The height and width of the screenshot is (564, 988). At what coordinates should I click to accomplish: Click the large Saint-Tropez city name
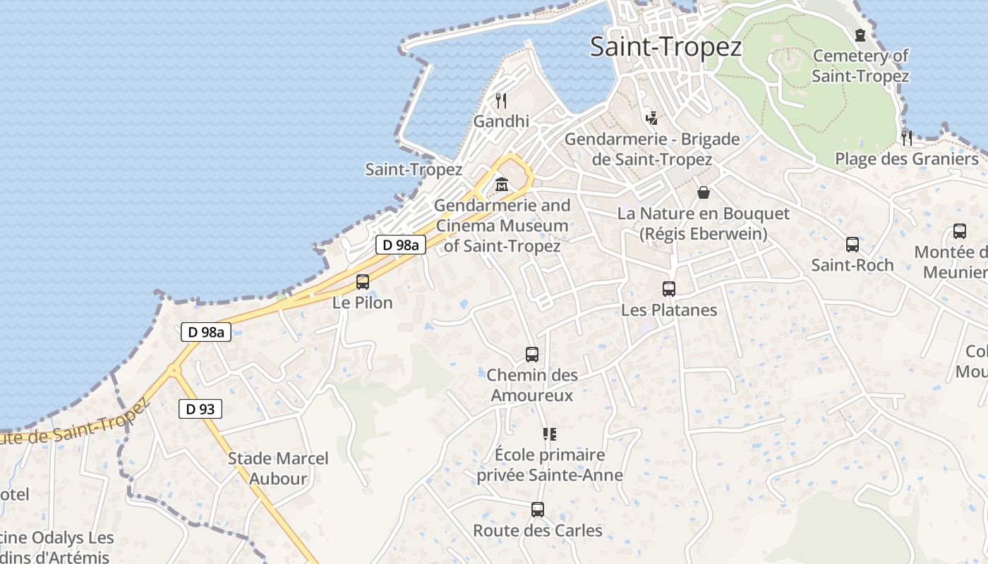coord(665,47)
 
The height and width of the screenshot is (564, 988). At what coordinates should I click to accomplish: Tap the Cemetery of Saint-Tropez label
coord(860,66)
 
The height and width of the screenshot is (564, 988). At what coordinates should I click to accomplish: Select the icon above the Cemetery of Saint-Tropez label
coord(860,35)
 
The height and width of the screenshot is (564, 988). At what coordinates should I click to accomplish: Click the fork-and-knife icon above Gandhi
coord(501,100)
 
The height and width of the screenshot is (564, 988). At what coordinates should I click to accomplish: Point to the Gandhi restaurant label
coord(501,121)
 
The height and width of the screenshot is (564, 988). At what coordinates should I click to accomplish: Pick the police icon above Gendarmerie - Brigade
coord(652,118)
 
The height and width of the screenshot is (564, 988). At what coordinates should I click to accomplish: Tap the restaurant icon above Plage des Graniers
coord(907,137)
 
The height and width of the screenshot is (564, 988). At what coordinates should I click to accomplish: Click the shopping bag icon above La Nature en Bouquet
coord(704,192)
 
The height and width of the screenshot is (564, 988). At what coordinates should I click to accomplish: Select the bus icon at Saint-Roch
coord(853,245)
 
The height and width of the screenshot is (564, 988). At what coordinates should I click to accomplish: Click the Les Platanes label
coord(669,310)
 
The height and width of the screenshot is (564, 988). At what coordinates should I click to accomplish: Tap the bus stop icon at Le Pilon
coord(363,282)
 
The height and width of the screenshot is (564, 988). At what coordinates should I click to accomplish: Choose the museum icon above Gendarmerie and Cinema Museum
coord(502,185)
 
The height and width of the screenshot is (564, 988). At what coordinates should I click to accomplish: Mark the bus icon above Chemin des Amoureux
coord(532,355)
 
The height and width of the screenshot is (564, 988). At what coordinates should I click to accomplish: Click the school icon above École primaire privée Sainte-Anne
coord(550,434)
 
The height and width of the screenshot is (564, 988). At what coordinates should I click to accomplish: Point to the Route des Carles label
coord(538,530)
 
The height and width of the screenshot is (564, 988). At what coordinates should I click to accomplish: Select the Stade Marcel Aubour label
coord(278,469)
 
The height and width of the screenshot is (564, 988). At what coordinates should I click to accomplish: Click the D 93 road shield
coord(200,408)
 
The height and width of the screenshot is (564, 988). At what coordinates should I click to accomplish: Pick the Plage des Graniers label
coord(907,159)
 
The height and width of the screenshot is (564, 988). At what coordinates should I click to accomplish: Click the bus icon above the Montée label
coord(960,231)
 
